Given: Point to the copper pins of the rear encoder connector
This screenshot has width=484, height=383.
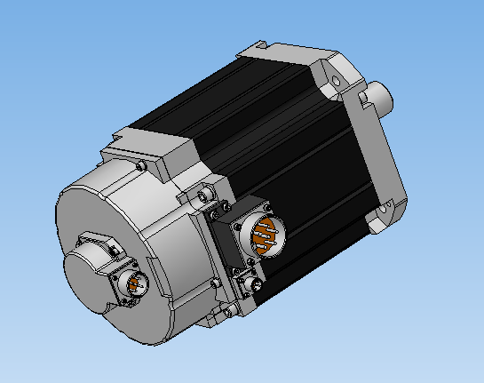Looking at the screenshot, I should (137, 283).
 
